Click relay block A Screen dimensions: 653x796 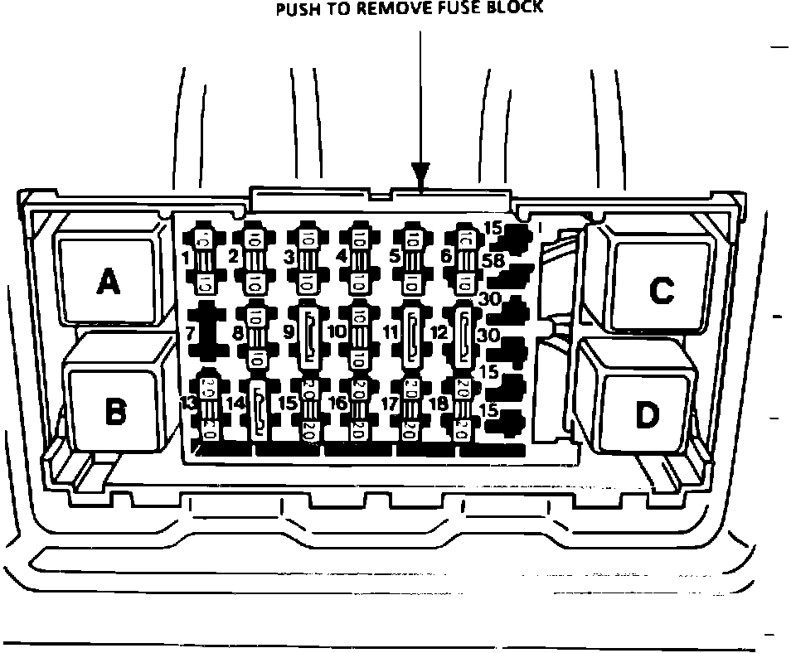107,282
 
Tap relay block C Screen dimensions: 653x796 661,289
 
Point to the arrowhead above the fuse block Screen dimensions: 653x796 421,175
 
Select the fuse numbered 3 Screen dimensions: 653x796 308,259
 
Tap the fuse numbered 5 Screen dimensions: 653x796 412,259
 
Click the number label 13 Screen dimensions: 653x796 189,404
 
